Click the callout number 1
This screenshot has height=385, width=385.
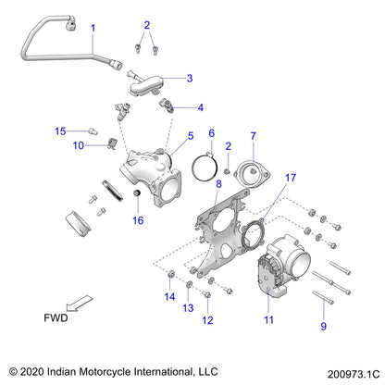coord(93,29)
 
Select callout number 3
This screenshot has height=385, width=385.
coord(190,79)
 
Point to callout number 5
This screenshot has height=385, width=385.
coord(191,135)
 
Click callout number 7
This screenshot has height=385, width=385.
coord(252,136)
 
